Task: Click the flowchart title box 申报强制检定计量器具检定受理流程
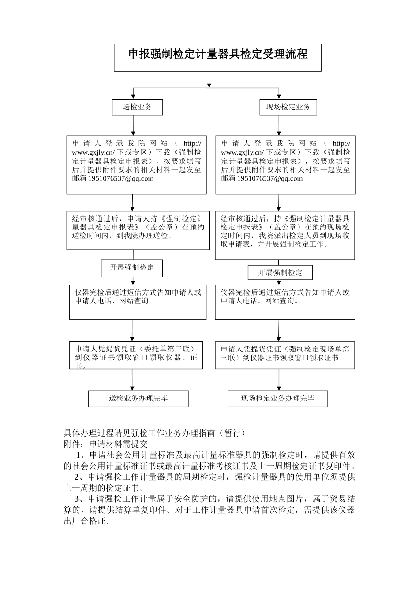[x=217, y=57]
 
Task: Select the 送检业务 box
[x=137, y=107]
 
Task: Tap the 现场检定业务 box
[x=288, y=107]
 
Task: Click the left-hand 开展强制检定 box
[x=132, y=268]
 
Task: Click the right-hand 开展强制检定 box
[x=280, y=273]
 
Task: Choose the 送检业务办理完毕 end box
[x=138, y=399]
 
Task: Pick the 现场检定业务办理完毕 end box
[x=277, y=399]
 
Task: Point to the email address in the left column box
[x=121, y=178]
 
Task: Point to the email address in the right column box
[x=270, y=178]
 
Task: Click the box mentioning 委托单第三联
[x=136, y=355]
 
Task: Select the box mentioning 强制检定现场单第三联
[x=285, y=355]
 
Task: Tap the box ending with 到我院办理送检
[x=138, y=230]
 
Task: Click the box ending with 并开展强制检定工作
[x=285, y=235]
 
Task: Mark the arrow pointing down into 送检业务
[x=133, y=94]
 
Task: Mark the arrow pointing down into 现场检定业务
[x=279, y=94]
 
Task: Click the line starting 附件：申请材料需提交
[x=106, y=444]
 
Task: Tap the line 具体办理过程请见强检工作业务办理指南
[x=154, y=433]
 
